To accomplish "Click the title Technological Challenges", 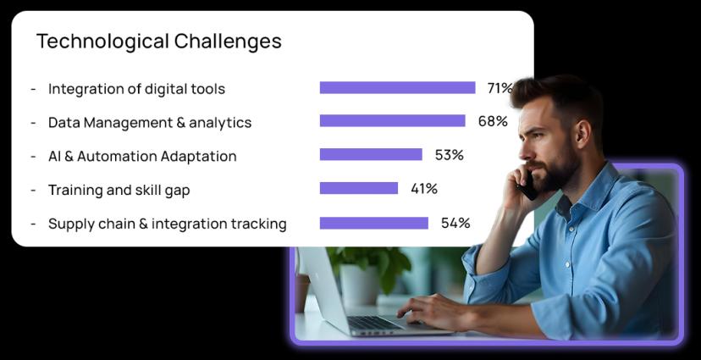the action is click(x=158, y=42).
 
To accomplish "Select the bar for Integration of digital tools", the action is click(x=397, y=87).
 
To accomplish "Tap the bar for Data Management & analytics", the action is click(x=393, y=121).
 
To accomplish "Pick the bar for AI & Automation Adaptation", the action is click(x=371, y=154).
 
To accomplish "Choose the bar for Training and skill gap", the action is click(x=359, y=188).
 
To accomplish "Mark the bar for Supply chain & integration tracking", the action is click(x=373, y=223).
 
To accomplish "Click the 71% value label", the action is click(x=500, y=88).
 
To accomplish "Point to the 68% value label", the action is click(x=493, y=121).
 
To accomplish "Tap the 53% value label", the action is click(x=450, y=155).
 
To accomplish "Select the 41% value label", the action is click(x=424, y=189).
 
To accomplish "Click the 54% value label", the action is click(x=455, y=223).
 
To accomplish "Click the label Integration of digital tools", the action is click(x=136, y=89).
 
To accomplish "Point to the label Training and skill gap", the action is click(x=119, y=190).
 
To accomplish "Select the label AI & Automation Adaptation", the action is click(x=142, y=157).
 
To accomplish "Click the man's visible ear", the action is click(x=581, y=132).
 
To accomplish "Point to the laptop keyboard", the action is click(x=375, y=323).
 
